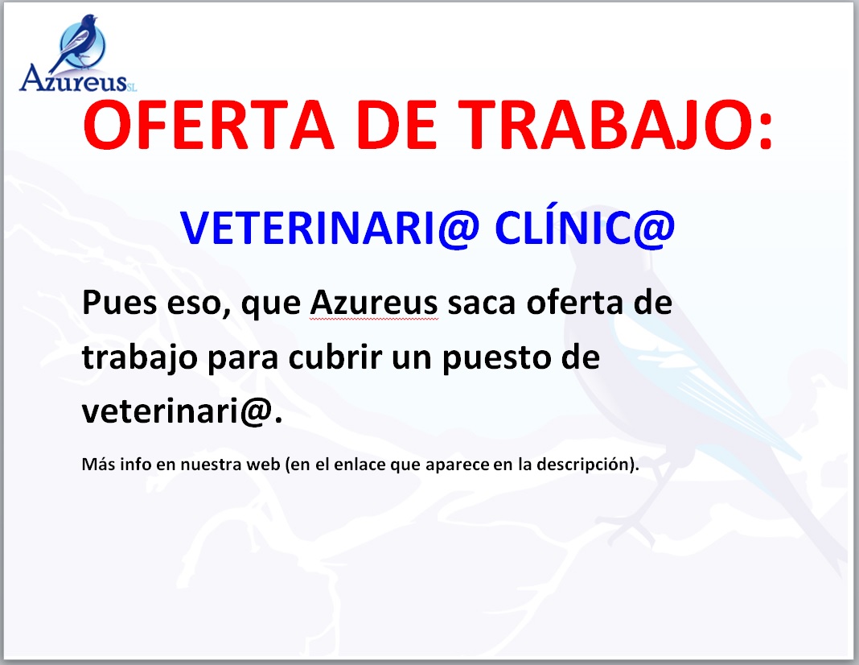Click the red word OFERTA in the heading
coord(209,125)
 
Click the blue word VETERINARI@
coord(330,228)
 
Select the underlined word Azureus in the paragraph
coord(374,303)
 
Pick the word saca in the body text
coord(482,304)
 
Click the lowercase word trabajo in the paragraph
coord(140,358)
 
